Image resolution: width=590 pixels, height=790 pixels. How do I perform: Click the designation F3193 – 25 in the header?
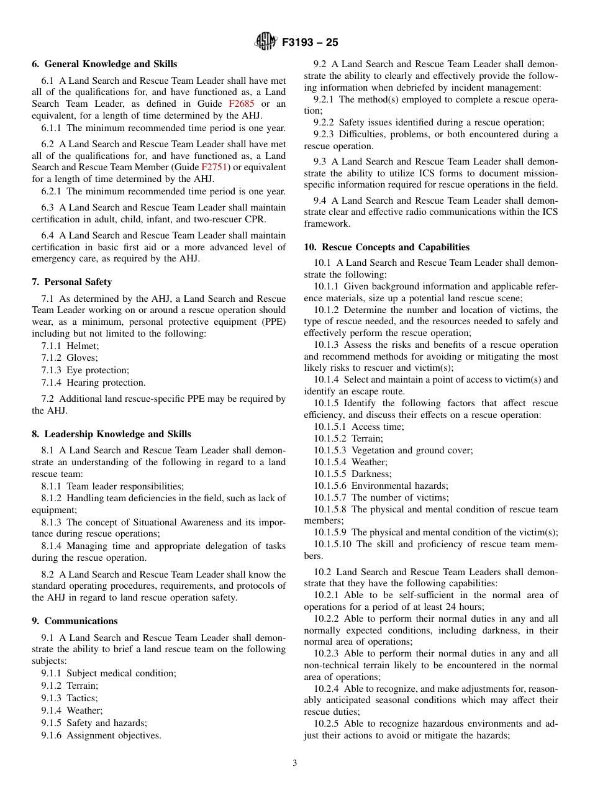(x=310, y=43)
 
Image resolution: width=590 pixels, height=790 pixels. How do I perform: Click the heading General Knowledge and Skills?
(x=111, y=64)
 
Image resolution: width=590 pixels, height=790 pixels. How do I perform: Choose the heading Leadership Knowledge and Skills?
(x=117, y=434)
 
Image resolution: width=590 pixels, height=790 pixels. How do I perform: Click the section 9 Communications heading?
(x=81, y=621)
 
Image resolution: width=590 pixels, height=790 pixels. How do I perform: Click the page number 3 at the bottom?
(x=295, y=763)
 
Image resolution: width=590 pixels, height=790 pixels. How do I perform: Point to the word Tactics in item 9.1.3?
(x=81, y=698)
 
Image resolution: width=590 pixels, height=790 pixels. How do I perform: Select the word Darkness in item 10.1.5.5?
(x=371, y=474)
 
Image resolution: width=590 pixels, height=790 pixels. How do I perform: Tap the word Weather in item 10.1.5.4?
(x=369, y=462)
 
